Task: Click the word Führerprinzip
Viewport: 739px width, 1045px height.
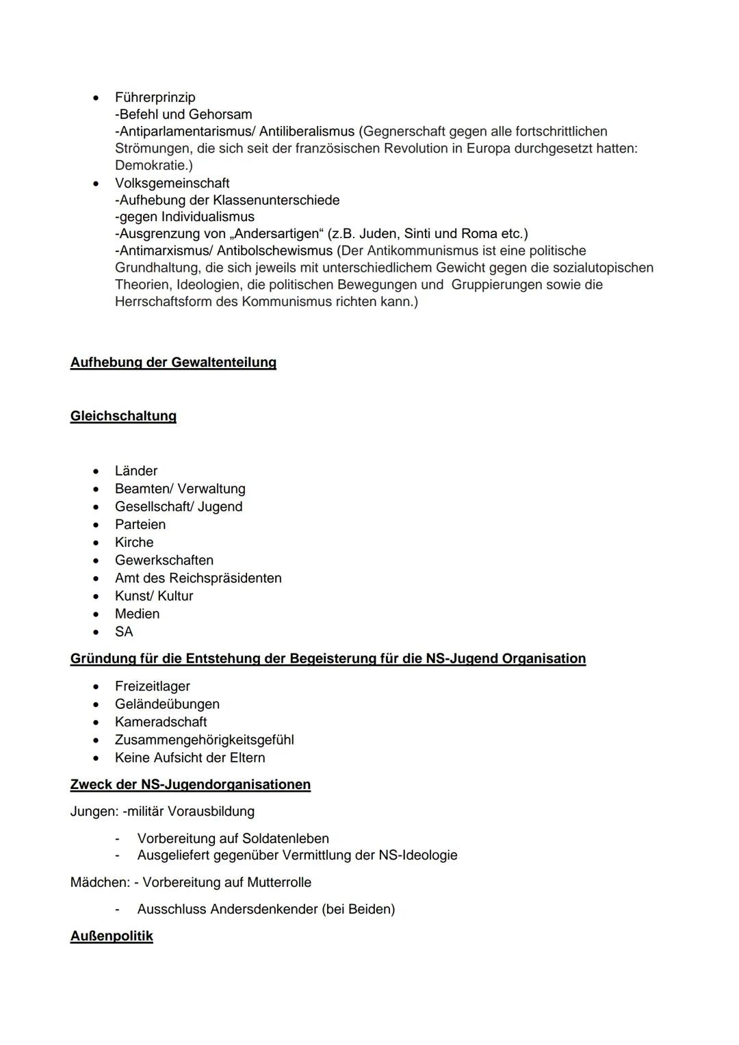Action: (x=155, y=97)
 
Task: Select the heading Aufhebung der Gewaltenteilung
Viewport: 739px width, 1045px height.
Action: (x=173, y=362)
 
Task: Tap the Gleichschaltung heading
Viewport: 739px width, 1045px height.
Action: (x=123, y=416)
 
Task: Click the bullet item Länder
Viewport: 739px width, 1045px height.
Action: (x=136, y=471)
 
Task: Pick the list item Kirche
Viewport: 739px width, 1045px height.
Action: (x=134, y=542)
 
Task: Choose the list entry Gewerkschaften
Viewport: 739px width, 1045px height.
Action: (x=164, y=560)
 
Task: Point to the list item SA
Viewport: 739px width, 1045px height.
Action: (x=124, y=632)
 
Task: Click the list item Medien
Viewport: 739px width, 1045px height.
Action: (x=137, y=614)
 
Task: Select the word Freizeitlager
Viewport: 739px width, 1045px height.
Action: (x=153, y=686)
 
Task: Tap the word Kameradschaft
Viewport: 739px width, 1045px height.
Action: (x=161, y=721)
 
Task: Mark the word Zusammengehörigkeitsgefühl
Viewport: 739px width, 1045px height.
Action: (x=205, y=739)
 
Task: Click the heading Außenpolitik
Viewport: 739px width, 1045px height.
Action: (x=112, y=936)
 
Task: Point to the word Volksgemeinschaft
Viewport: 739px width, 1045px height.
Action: (x=172, y=183)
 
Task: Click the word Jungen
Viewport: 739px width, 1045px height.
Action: (x=92, y=811)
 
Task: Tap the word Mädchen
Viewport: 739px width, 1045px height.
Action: (x=98, y=882)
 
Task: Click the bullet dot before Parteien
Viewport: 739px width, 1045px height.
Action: (x=99, y=525)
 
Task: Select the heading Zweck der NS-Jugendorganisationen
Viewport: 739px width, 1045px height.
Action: (x=190, y=784)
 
